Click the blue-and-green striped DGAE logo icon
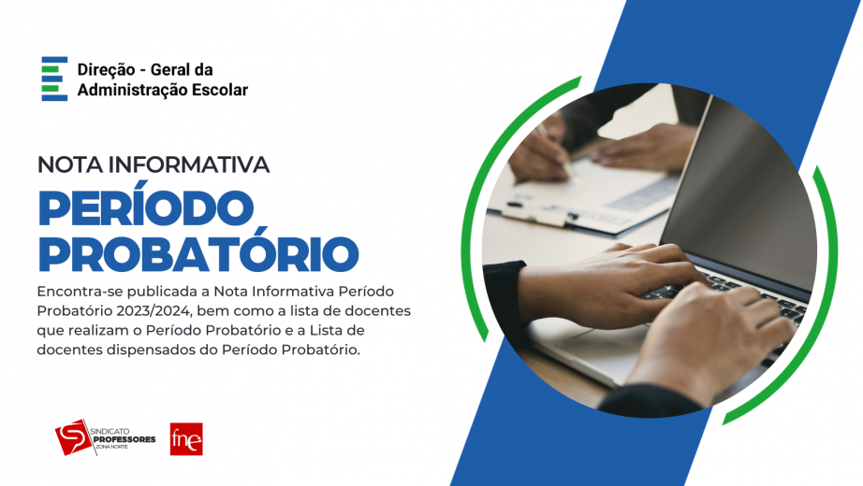54,79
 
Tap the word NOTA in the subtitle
69,164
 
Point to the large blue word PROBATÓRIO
198,253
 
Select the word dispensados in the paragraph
147,350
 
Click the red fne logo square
186,438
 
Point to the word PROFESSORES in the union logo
124,439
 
